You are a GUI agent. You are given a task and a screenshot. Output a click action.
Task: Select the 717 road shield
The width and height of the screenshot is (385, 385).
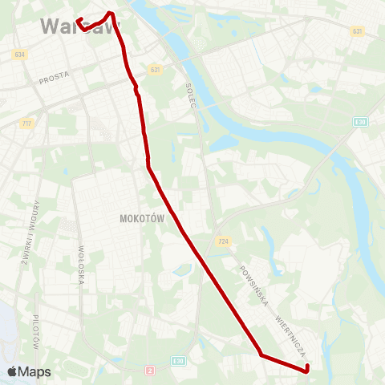click(x=27, y=123)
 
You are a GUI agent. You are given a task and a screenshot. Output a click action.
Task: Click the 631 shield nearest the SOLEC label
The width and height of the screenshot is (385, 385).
click(x=155, y=70)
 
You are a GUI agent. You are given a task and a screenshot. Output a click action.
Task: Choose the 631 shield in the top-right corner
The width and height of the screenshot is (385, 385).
click(x=357, y=30)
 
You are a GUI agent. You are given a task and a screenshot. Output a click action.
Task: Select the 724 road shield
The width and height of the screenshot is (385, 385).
click(x=224, y=240)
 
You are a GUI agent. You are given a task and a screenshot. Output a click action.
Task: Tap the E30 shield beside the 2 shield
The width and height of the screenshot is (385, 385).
click(x=180, y=362)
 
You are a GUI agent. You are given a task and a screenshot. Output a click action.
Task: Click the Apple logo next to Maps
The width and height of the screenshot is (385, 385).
click(x=13, y=371)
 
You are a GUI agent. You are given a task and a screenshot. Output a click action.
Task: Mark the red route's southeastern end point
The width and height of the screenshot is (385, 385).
click(x=307, y=370)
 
